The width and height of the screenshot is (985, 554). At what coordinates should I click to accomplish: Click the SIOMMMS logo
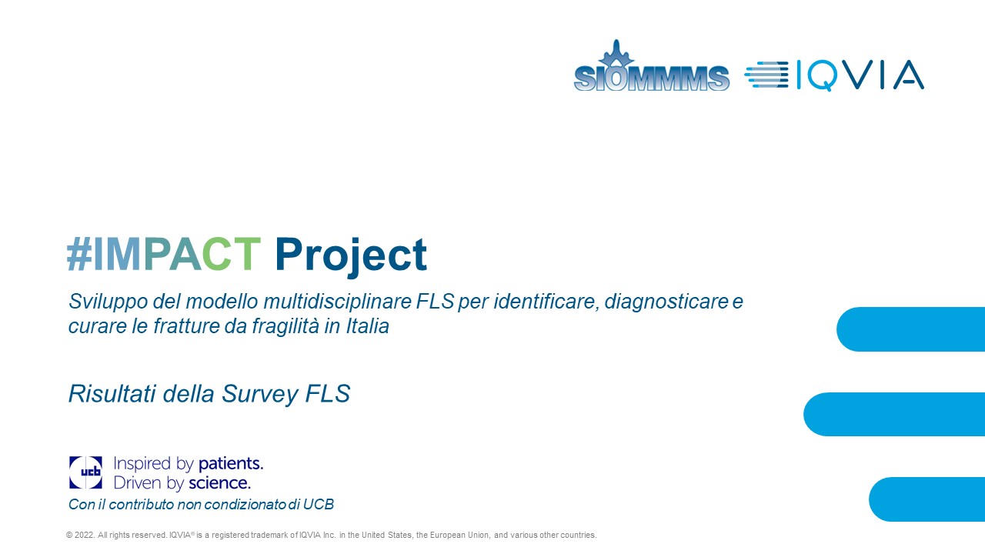click(651, 66)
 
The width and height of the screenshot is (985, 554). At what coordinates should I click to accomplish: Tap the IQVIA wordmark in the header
click(860, 75)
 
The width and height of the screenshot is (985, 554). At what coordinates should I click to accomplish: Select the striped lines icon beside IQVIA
click(766, 75)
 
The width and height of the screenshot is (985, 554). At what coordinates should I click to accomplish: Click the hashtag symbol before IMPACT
click(79, 254)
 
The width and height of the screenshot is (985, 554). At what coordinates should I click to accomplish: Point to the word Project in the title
click(351, 256)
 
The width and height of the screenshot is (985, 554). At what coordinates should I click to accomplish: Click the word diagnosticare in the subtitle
click(666, 302)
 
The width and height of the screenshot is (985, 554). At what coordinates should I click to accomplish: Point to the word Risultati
click(112, 393)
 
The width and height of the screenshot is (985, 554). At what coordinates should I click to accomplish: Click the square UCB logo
click(85, 472)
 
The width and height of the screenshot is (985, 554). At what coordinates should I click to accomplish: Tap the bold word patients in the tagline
click(231, 464)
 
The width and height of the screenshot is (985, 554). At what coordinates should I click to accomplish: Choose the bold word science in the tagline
click(220, 482)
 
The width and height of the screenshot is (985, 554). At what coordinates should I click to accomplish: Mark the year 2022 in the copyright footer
click(84, 535)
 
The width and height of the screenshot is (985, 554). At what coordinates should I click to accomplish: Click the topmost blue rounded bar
click(910, 329)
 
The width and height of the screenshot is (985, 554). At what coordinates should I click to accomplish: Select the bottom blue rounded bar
click(927, 499)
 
